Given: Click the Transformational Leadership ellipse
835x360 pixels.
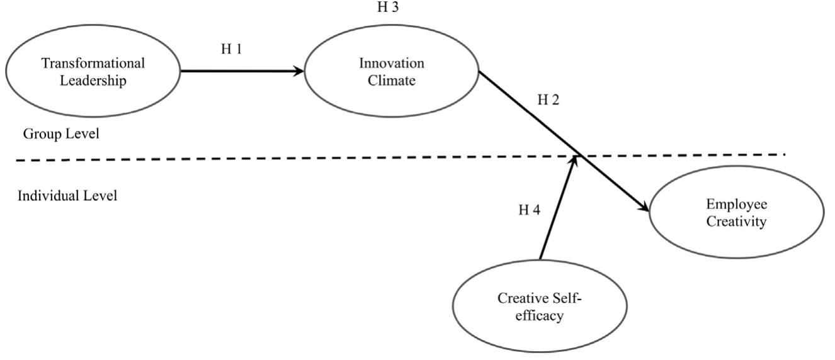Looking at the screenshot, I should [92, 73].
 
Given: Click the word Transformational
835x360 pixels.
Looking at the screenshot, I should [93, 64].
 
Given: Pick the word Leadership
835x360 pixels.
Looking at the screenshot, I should [93, 81].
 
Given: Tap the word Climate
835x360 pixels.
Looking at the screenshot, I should [392, 81].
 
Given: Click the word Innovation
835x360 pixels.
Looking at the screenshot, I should [392, 64].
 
